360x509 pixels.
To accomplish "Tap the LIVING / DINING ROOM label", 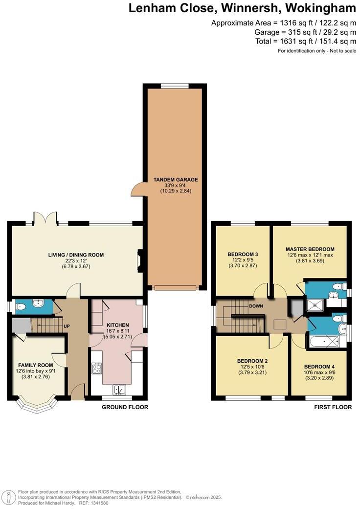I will (76, 254).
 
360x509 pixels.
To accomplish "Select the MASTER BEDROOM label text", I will (310, 249).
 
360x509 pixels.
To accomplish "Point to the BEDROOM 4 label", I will (320, 367).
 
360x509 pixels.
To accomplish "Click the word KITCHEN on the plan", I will (118, 324).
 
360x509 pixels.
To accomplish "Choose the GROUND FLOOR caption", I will (125, 407).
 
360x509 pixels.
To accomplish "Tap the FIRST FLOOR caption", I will (333, 407).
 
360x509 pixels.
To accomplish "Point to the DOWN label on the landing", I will (256, 306).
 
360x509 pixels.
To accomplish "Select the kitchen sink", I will (119, 390).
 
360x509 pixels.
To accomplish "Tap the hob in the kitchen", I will (96, 368).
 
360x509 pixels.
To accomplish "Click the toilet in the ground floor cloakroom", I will (21, 307).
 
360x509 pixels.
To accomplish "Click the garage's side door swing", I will (137, 189).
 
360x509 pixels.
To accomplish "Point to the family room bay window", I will (37, 407).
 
